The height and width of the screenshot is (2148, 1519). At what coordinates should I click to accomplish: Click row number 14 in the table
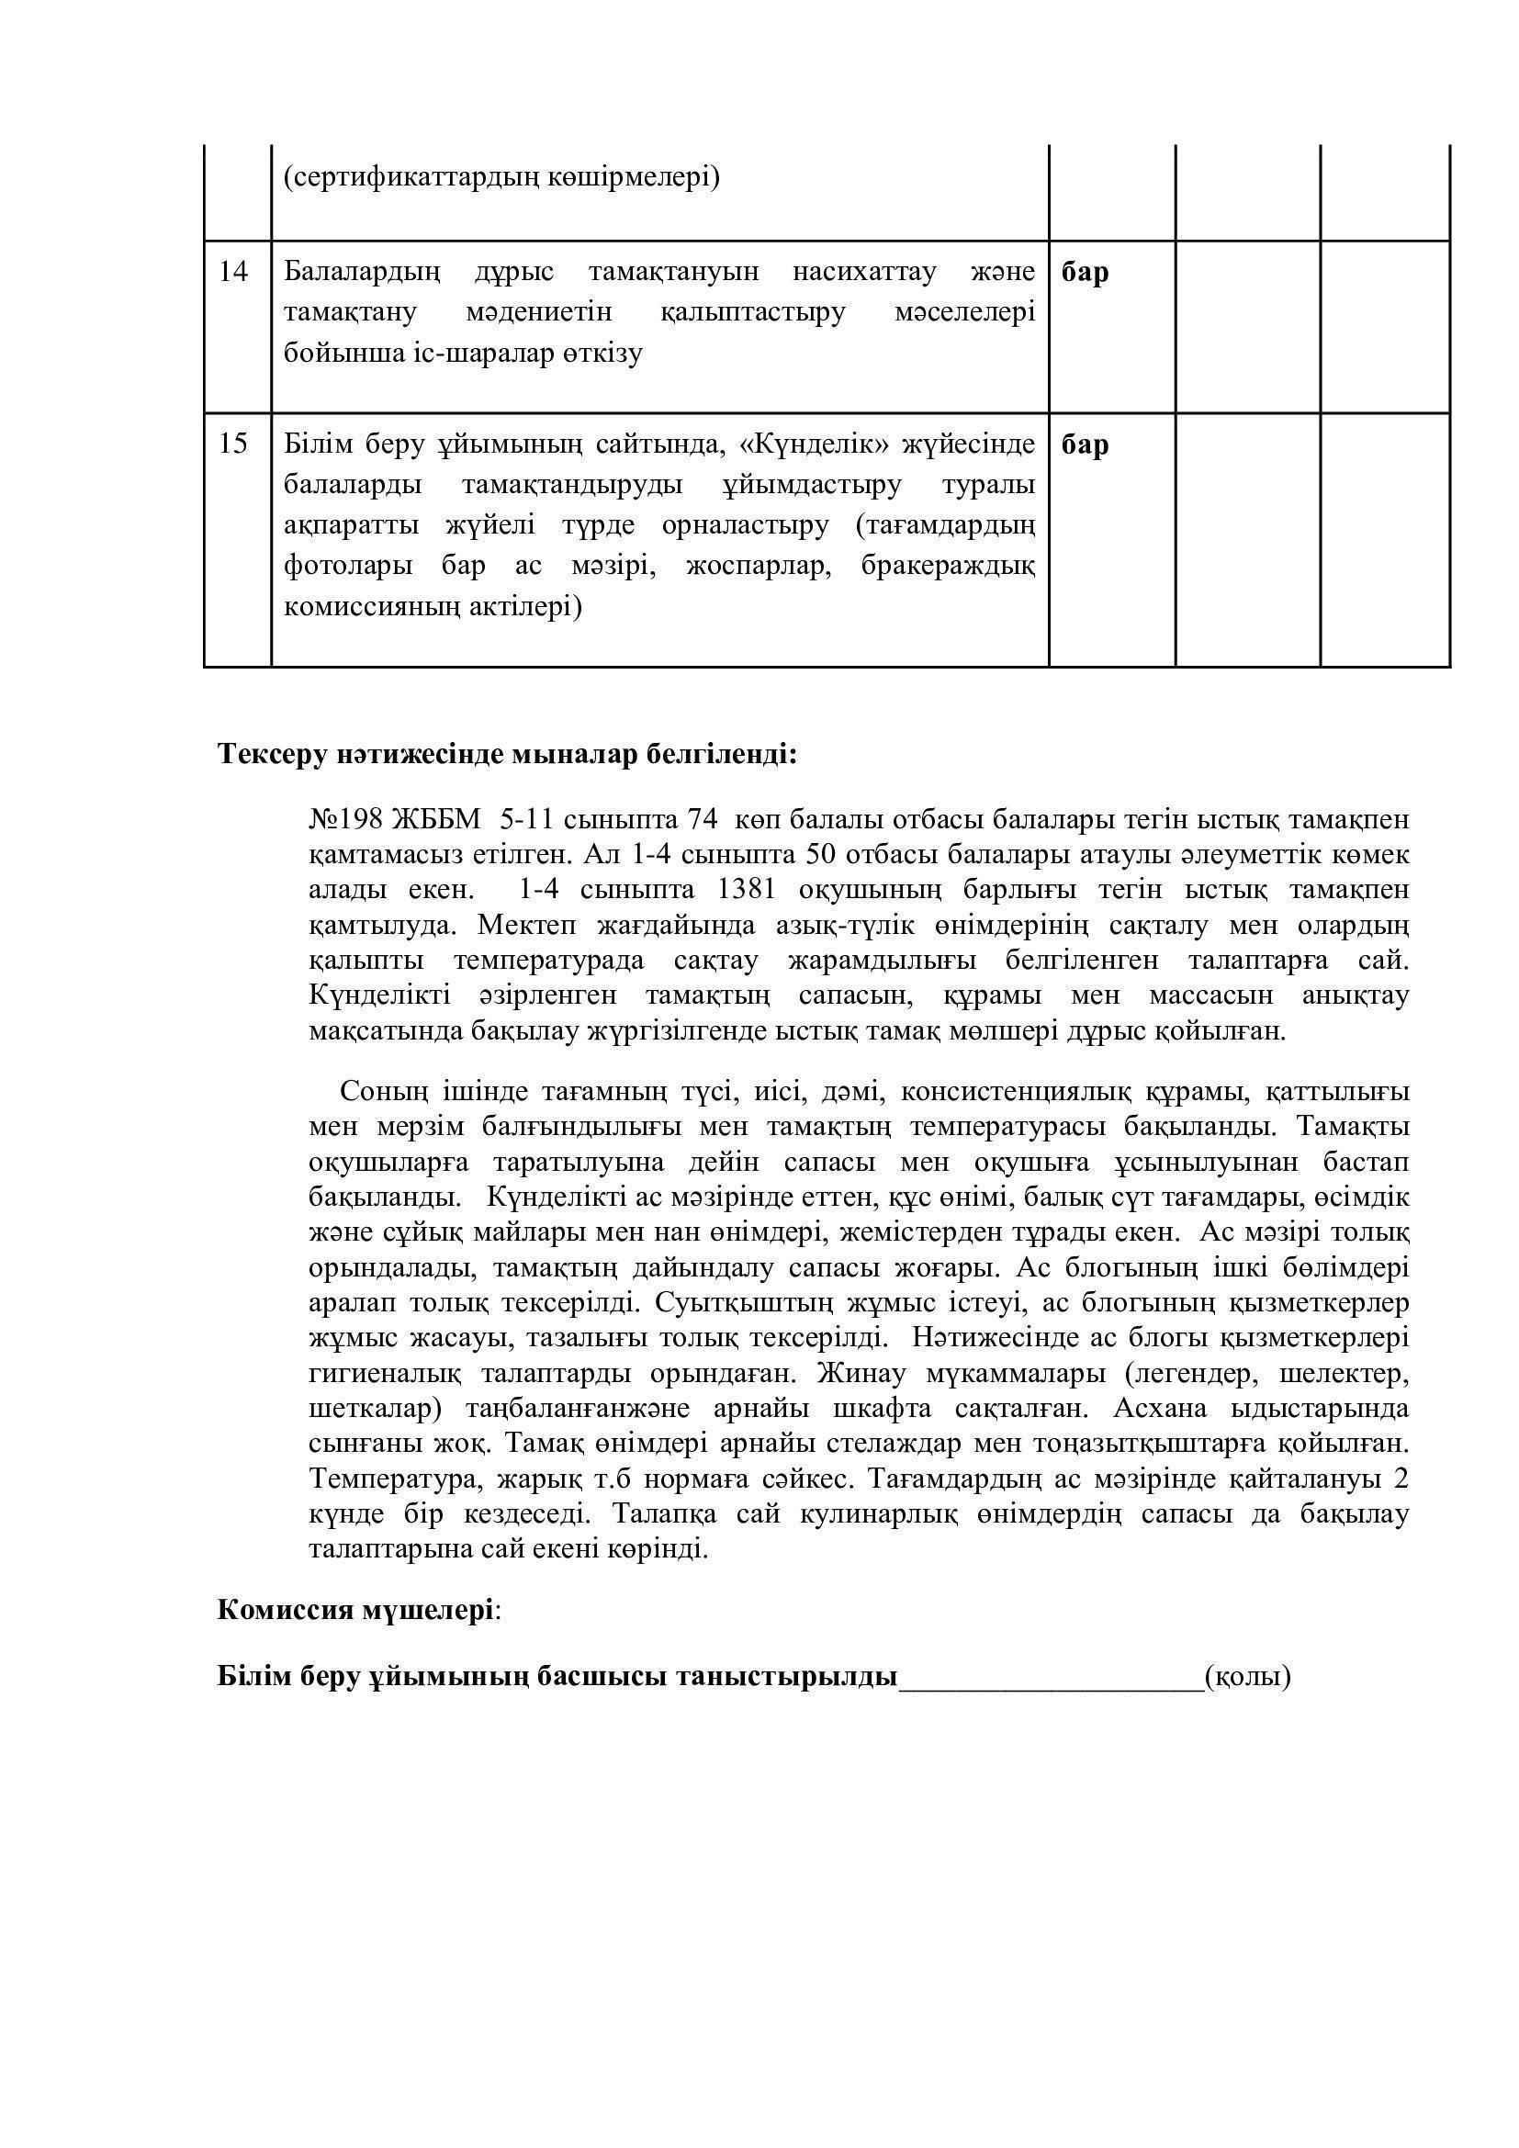(x=233, y=272)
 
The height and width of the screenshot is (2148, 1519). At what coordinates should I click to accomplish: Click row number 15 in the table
(x=233, y=444)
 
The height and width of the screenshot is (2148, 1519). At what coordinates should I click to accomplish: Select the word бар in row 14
(x=1085, y=272)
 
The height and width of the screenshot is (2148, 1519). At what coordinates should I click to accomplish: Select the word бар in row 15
(x=1085, y=444)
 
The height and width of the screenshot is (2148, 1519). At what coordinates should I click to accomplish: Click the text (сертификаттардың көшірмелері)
(x=501, y=177)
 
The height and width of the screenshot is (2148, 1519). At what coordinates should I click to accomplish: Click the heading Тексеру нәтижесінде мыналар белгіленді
(x=507, y=754)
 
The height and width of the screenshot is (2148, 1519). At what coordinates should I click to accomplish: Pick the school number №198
(x=346, y=819)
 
